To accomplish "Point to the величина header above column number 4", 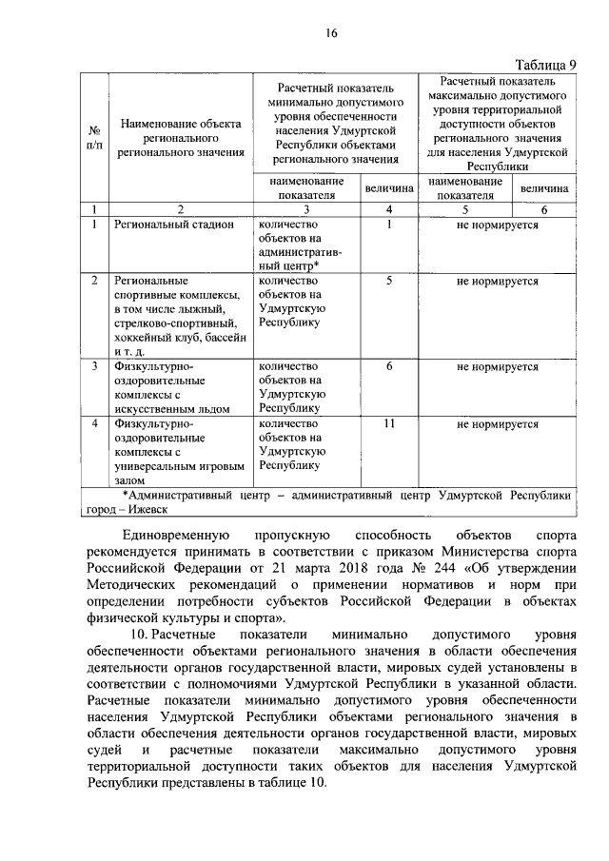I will point(390,188).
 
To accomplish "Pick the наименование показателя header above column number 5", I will point(465,188).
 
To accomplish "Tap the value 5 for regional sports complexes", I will point(389,282).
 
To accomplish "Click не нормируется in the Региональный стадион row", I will point(498,225).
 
